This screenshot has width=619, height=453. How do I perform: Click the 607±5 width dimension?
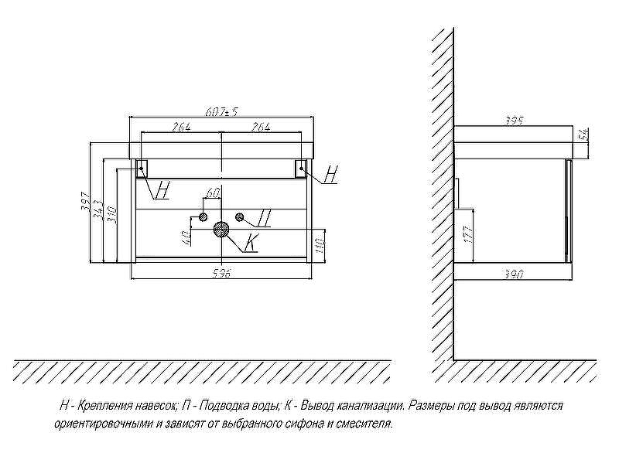tap(222, 112)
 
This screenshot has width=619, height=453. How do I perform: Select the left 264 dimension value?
tap(182, 128)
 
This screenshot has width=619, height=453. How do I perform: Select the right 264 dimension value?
tap(261, 128)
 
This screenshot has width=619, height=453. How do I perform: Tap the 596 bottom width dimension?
tap(222, 273)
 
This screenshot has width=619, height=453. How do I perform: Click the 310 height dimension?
tap(111, 214)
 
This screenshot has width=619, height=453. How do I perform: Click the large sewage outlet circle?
tap(221, 229)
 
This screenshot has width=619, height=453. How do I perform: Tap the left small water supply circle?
tap(203, 217)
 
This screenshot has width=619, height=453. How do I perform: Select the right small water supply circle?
tap(240, 217)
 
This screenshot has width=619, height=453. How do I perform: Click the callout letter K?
tap(250, 242)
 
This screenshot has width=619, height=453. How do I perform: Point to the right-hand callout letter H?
tap(332, 174)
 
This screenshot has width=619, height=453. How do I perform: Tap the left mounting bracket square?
tap(142, 169)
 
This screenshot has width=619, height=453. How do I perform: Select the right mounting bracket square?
tap(301, 169)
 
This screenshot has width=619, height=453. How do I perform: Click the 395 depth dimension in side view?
tap(514, 121)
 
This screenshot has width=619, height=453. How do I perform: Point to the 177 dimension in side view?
tap(468, 235)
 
